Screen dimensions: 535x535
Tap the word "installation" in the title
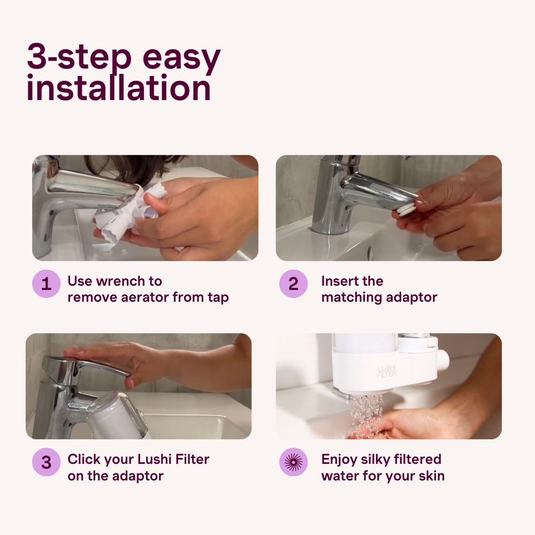(118, 89)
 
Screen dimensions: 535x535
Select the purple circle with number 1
(47, 284)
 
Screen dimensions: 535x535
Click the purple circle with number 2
(293, 284)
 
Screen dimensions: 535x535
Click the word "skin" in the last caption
(431, 476)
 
